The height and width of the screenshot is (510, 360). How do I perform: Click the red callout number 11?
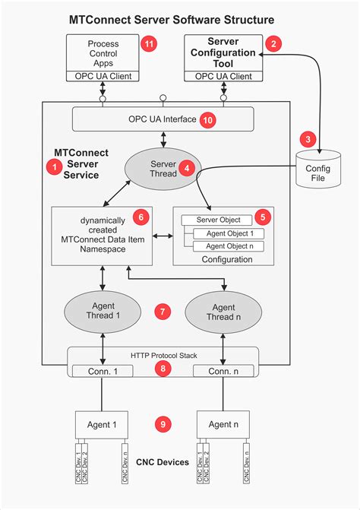(x=150, y=43)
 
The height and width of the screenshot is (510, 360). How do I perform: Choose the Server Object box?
(x=217, y=220)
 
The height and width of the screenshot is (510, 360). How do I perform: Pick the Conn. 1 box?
(x=102, y=371)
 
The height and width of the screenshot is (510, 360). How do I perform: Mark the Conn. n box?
(x=224, y=371)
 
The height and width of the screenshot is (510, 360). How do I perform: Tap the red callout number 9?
(x=161, y=423)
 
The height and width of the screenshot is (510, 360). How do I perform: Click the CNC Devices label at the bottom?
(x=162, y=461)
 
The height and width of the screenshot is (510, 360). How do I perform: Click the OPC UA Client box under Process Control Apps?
(x=102, y=76)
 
